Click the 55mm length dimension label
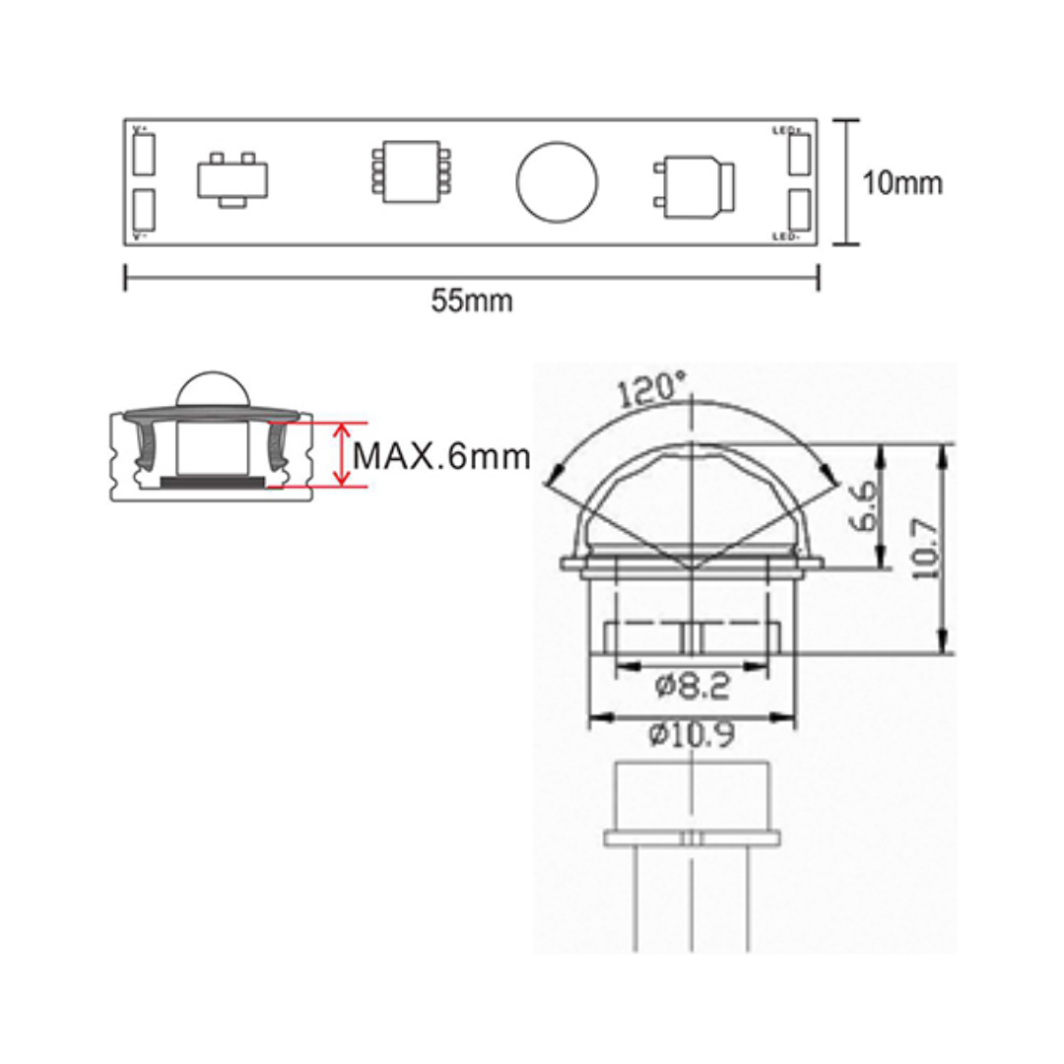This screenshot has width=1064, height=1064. (471, 301)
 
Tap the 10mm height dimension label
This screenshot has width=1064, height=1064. (902, 183)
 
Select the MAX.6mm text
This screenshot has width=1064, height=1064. (440, 456)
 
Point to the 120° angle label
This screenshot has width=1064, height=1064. (651, 390)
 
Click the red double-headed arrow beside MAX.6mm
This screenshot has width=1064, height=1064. (341, 454)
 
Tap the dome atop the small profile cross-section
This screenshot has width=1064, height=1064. (212, 390)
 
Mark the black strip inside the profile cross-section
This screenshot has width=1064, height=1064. (212, 482)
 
